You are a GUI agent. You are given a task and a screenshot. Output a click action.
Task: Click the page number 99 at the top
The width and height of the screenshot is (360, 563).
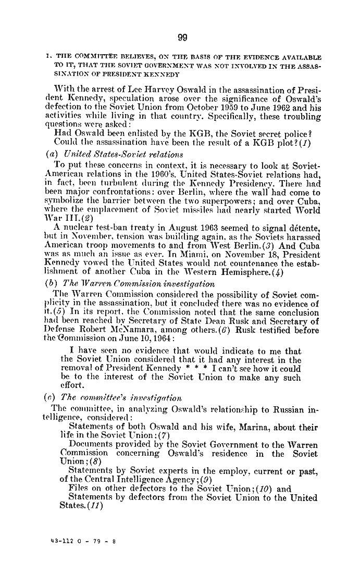click(x=182, y=37)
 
